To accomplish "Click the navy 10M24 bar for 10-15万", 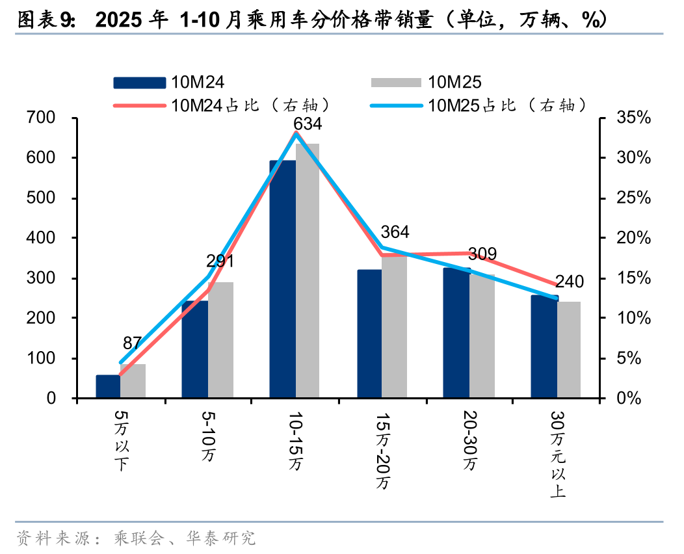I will coord(283,280).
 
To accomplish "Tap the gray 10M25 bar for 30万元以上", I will coord(569,349).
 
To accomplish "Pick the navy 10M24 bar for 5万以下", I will coord(108,386).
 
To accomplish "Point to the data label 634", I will coord(308,124).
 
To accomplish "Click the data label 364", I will coord(395,232).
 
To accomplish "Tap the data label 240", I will coord(570,282).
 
